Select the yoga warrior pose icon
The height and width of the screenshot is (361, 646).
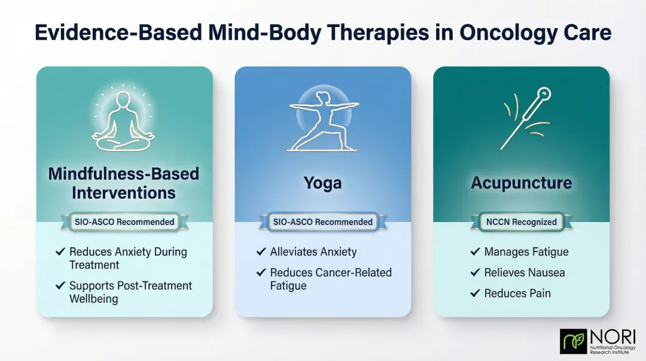pyautogui.click(x=322, y=120)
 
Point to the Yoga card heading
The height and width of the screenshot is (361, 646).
pyautogui.click(x=322, y=183)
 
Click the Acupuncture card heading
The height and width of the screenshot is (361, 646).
pyautogui.click(x=521, y=183)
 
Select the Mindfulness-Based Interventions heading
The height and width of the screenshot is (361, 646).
pyautogui.click(x=124, y=183)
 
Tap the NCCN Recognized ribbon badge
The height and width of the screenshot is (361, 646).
pyautogui.click(x=521, y=222)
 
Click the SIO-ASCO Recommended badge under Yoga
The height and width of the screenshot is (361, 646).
pyautogui.click(x=322, y=222)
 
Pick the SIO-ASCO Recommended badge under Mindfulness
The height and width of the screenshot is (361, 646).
pyautogui.click(x=124, y=222)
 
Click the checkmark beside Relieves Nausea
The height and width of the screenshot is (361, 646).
pyautogui.click(x=474, y=273)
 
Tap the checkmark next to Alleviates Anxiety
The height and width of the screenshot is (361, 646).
pyautogui.click(x=261, y=252)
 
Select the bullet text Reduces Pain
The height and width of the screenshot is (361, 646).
pyautogui.click(x=517, y=293)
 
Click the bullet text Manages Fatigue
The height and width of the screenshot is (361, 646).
pyautogui.click(x=526, y=252)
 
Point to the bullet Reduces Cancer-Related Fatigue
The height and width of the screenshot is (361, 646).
pyautogui.click(x=330, y=279)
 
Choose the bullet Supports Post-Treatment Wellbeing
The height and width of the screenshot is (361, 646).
pyautogui.click(x=130, y=292)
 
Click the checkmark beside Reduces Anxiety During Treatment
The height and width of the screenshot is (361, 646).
pyautogui.click(x=60, y=252)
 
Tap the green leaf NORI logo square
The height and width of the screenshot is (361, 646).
pyautogui.click(x=573, y=341)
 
